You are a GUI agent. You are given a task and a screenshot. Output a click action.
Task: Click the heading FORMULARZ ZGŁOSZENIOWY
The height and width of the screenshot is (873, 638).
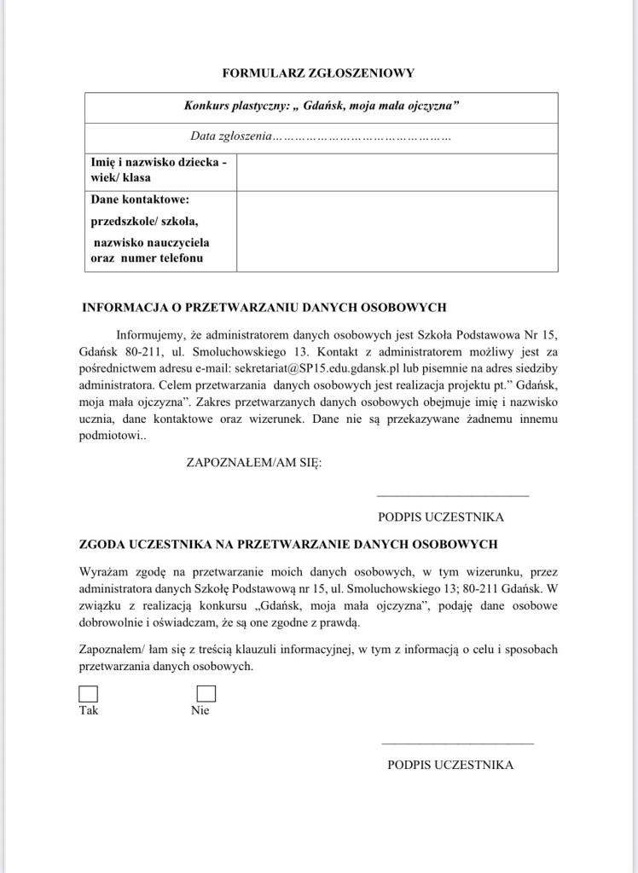click(x=318, y=73)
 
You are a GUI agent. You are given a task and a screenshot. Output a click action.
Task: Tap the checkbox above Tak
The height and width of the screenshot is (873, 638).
click(x=89, y=694)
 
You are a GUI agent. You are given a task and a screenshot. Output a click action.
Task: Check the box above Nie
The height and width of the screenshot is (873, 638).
click(x=206, y=694)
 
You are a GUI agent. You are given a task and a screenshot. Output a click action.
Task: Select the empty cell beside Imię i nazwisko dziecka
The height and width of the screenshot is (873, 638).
click(x=397, y=171)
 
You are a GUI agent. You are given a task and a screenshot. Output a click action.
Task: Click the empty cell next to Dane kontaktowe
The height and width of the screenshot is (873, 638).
click(x=397, y=231)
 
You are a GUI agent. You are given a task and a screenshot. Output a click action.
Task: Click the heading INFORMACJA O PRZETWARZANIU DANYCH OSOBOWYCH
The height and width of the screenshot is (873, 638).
click(x=264, y=307)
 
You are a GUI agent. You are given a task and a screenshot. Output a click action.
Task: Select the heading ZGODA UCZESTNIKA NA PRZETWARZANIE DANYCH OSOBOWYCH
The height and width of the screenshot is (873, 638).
click(x=288, y=543)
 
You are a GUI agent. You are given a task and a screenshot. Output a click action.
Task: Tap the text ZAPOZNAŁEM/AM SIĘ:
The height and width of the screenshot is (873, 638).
click(x=254, y=463)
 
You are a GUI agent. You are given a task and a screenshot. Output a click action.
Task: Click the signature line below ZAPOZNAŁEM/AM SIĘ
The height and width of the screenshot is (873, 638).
click(x=452, y=495)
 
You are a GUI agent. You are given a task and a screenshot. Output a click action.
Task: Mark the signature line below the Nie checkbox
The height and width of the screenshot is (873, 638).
click(x=457, y=743)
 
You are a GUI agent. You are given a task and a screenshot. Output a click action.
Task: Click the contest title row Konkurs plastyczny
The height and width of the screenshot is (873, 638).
click(x=322, y=107)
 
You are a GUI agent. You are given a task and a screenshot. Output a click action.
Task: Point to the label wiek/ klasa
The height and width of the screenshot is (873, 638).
click(x=121, y=178)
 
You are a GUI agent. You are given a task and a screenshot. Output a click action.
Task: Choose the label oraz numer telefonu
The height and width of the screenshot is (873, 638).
click(x=148, y=257)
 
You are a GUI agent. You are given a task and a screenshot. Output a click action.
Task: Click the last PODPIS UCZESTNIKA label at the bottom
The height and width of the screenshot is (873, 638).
click(x=450, y=765)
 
